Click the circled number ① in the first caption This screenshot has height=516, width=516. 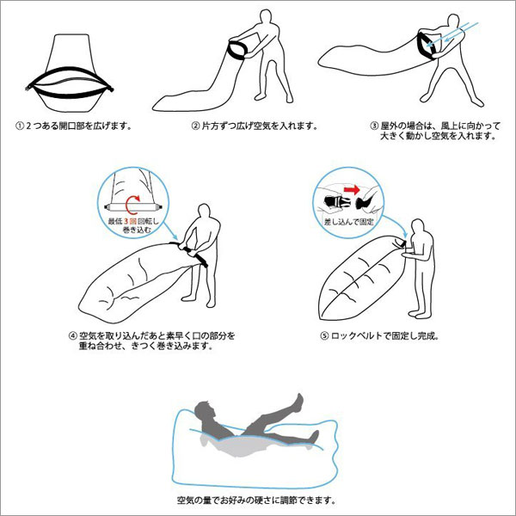click(x=20, y=126)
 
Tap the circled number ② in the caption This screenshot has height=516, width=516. click(x=196, y=126)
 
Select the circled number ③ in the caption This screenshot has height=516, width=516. click(x=374, y=126)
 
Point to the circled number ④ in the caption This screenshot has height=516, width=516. click(x=73, y=336)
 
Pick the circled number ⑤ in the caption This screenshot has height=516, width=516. click(x=324, y=336)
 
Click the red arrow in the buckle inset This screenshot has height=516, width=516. click(x=352, y=189)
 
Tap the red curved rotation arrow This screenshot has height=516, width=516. click(x=133, y=205)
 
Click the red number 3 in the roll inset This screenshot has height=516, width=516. click(x=126, y=222)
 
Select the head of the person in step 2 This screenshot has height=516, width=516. click(x=266, y=17)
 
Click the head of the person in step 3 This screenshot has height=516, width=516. click(x=453, y=22)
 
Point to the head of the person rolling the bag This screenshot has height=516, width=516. click(x=204, y=212)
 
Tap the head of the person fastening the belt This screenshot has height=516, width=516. click(x=418, y=227)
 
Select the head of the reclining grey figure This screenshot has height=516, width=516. click(x=203, y=411)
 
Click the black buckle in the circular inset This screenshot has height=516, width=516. click(x=334, y=201)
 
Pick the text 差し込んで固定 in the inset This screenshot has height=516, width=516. click(x=349, y=222)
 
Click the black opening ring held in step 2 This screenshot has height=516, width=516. click(x=237, y=50)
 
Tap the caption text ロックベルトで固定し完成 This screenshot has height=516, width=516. click(x=384, y=336)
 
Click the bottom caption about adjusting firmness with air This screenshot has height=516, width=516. click(x=256, y=501)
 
